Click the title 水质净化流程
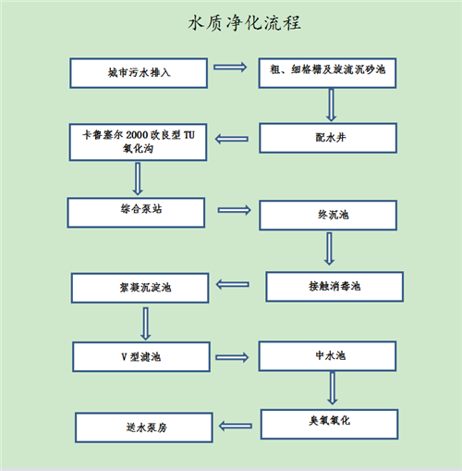(x=245, y=23)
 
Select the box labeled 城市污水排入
(x=139, y=73)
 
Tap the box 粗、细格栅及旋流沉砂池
(x=327, y=73)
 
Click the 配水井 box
(x=328, y=138)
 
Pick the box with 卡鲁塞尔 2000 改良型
(x=138, y=143)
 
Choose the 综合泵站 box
(x=136, y=213)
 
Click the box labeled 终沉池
(x=328, y=216)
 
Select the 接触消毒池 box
(x=334, y=287)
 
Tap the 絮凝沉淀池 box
(x=140, y=288)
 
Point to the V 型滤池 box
(x=141, y=356)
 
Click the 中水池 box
(x=327, y=356)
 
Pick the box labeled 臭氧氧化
(x=330, y=424)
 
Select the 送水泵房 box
(x=144, y=428)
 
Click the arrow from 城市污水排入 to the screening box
(x=230, y=67)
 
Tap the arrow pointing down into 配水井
(x=331, y=105)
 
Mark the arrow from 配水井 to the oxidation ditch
(x=232, y=139)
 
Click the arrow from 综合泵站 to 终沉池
(x=235, y=210)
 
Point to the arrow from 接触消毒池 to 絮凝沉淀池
(x=233, y=284)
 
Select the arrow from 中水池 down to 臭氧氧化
(x=333, y=388)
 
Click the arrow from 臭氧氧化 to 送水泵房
(x=236, y=427)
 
